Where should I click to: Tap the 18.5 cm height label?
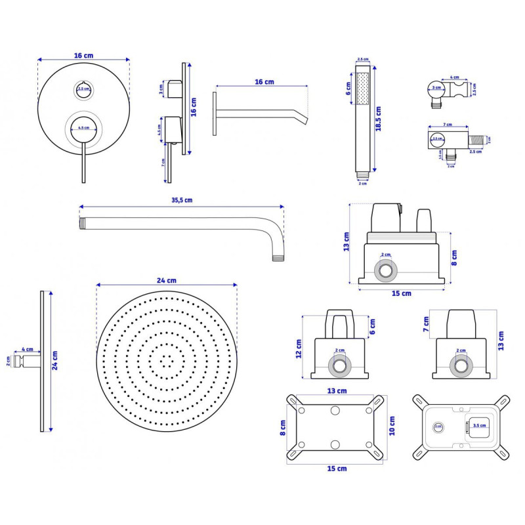point(378,119)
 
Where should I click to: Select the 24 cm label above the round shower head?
point(167,280)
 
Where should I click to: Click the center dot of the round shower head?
point(167,359)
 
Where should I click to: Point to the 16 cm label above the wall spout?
point(264,81)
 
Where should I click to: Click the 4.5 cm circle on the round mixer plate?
point(83,127)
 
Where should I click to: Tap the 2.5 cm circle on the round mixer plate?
point(83,89)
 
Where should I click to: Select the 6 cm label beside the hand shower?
point(348,89)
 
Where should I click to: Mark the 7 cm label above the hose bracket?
point(448,123)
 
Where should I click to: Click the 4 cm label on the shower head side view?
point(28,349)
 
